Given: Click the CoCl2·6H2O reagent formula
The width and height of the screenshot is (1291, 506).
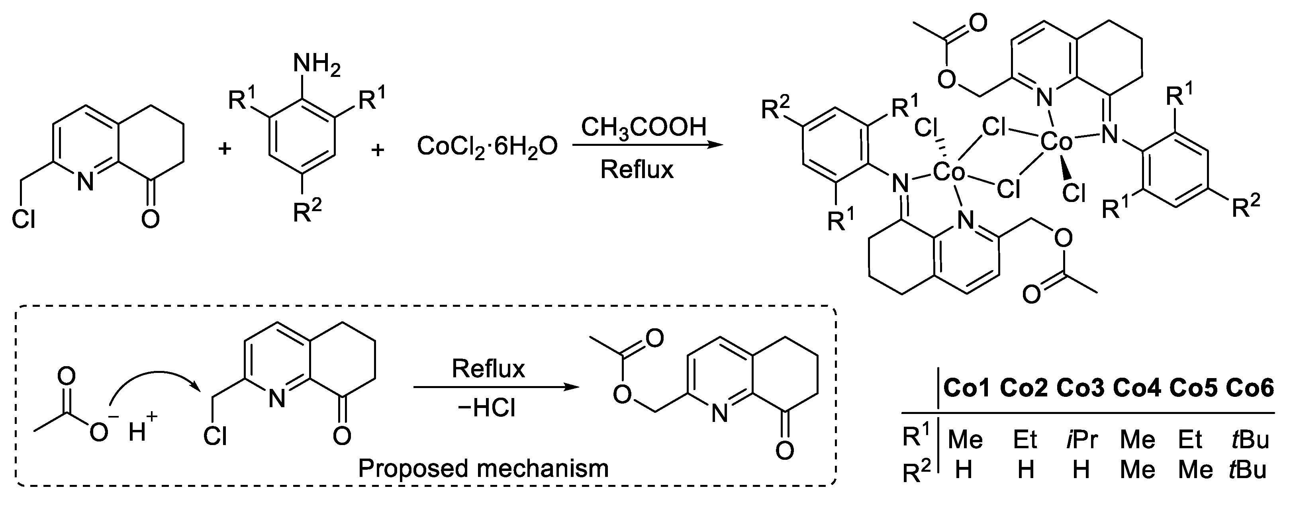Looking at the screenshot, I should coord(486,147).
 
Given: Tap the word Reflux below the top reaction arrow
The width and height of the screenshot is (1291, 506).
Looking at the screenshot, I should coord(637,169).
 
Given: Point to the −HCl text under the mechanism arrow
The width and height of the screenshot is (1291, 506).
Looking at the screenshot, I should coord(486,409).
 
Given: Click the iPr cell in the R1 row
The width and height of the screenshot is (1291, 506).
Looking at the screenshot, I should coord(1081,440).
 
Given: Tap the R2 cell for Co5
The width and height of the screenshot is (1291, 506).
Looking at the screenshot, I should coord(1195,470).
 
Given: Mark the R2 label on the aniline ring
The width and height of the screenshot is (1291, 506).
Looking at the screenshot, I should coord(306,212).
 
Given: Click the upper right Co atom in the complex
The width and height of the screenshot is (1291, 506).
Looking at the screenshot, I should coord(1056,142).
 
